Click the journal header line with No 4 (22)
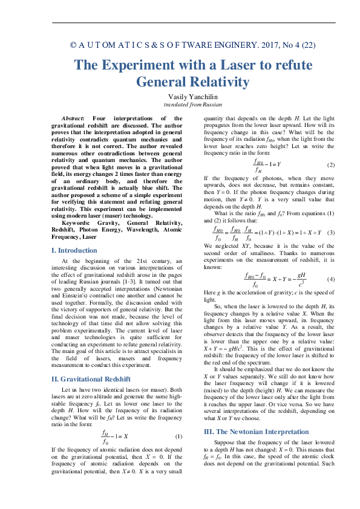tap(192, 45)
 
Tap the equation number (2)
tap(331, 165)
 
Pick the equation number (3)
tap(331, 232)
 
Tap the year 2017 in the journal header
tap(248, 45)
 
